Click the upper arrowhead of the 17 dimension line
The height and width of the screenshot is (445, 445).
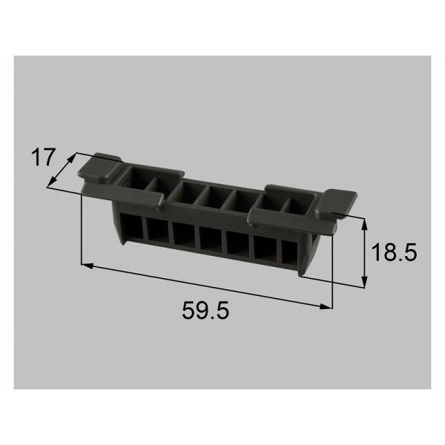pos(73,156)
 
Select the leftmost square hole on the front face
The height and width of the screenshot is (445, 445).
pos(132,226)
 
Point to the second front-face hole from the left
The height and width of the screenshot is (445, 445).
pos(157,230)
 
